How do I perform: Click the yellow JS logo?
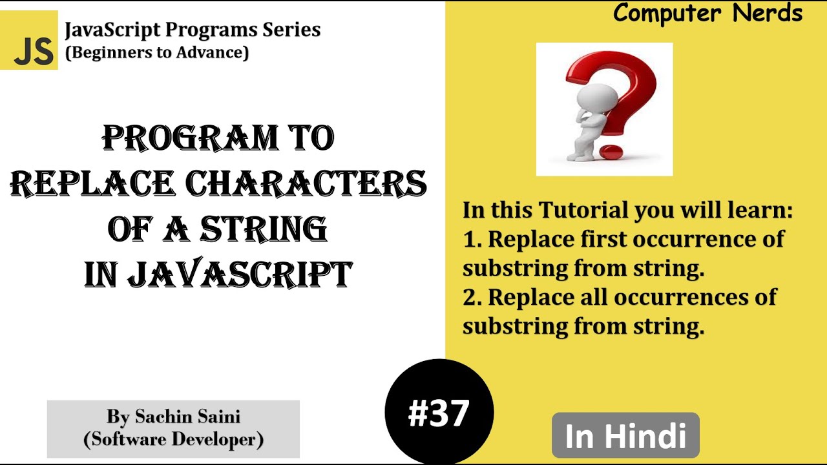pos(29,40)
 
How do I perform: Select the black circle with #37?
pos(439,412)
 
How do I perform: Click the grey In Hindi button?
pos(625,436)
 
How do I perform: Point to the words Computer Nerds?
pos(707,13)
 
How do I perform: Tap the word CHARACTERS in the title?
pos(306,184)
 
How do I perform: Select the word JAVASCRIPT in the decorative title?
pos(240,274)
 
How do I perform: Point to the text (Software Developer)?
pos(173,439)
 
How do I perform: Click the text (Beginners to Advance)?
pos(157,52)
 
